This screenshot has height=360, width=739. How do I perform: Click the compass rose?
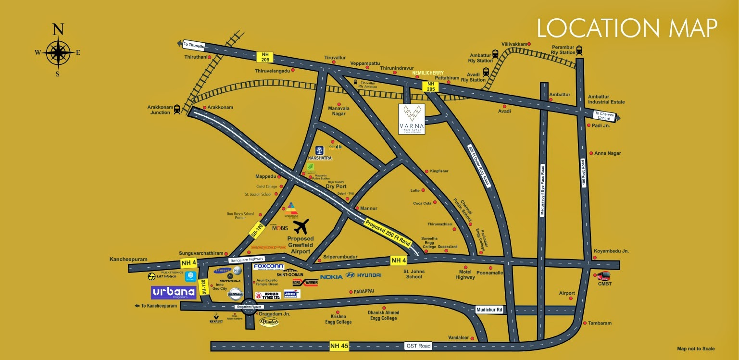(x=58, y=52)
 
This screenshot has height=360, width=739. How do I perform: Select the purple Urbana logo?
(x=174, y=293)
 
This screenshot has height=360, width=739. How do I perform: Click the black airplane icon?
(x=301, y=226)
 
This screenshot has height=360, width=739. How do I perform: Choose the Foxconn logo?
(x=268, y=266)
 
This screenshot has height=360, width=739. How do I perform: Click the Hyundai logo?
(x=363, y=275)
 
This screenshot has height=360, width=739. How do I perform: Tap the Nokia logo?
(x=331, y=276)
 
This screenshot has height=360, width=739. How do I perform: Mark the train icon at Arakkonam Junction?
(x=177, y=109)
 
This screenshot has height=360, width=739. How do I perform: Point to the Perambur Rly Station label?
(x=563, y=50)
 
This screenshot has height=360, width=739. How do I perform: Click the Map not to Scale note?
(x=695, y=349)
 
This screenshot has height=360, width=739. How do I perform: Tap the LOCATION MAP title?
(x=627, y=28)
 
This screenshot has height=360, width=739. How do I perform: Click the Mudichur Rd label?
(x=489, y=310)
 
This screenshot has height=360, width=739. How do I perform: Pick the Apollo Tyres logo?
(x=267, y=296)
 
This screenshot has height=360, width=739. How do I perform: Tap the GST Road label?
(x=418, y=346)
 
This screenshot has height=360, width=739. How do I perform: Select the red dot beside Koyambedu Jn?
(x=595, y=258)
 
